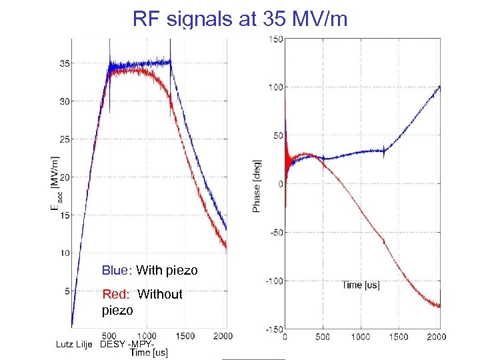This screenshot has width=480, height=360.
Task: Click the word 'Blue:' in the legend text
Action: point(117,271)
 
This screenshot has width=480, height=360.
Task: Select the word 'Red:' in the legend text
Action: point(117,294)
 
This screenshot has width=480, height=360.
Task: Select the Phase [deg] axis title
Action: point(257,185)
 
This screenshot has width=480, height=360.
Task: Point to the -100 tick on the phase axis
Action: point(273,281)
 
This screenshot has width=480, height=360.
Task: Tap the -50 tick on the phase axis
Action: point(275,233)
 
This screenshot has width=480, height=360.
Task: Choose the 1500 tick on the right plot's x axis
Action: point(399,337)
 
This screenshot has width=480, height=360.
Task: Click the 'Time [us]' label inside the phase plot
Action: point(361,285)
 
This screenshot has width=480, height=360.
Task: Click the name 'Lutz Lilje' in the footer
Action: point(75,344)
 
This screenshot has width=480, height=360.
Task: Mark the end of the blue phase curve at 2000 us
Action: point(439,86)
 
